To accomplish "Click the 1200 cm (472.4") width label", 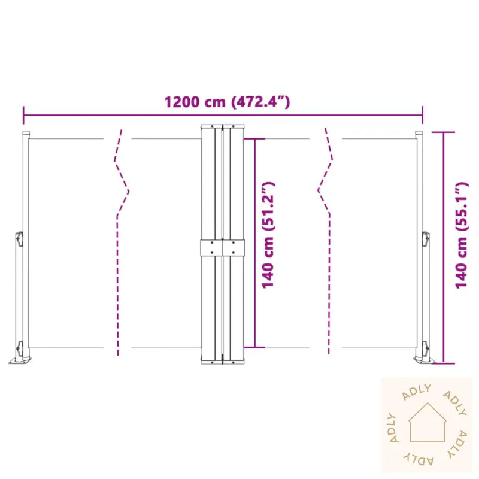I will pyautogui.click(x=228, y=102).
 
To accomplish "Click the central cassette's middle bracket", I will pyautogui.click(x=223, y=248).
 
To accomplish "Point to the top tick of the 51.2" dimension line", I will pyautogui.click(x=256, y=139).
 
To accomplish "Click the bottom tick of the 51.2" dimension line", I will pyautogui.click(x=256, y=347).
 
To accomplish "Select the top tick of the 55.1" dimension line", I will pyautogui.click(x=444, y=132).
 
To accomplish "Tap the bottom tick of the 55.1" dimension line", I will pyautogui.click(x=444, y=363).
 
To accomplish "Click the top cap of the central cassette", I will pyautogui.click(x=223, y=126).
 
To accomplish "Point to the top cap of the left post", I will pyautogui.click(x=26, y=133).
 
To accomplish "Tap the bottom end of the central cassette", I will pyautogui.click(x=223, y=361).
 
